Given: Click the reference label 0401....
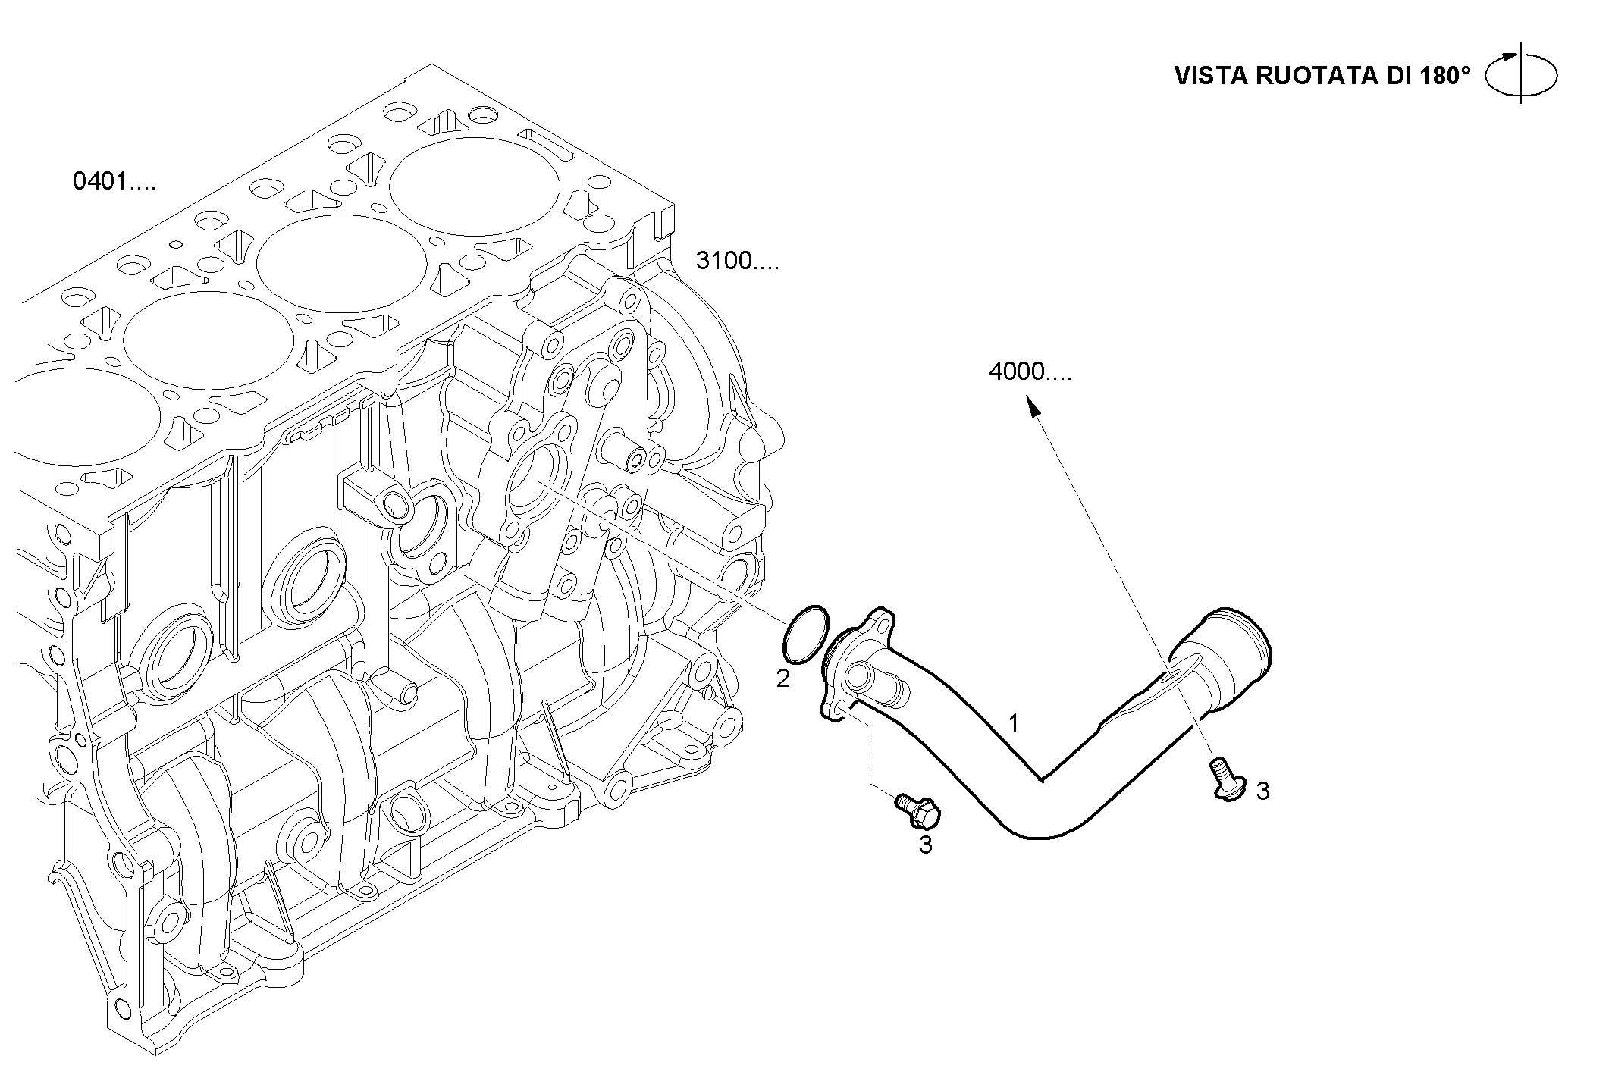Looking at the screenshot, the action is tap(114, 182).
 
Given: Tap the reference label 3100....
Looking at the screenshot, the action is tap(737, 261).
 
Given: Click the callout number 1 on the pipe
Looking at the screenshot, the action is tap(1013, 723).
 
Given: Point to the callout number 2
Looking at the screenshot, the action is tap(783, 678).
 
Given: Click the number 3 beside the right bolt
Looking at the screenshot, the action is tap(1262, 791).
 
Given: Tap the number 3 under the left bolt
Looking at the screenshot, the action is tap(925, 845).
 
